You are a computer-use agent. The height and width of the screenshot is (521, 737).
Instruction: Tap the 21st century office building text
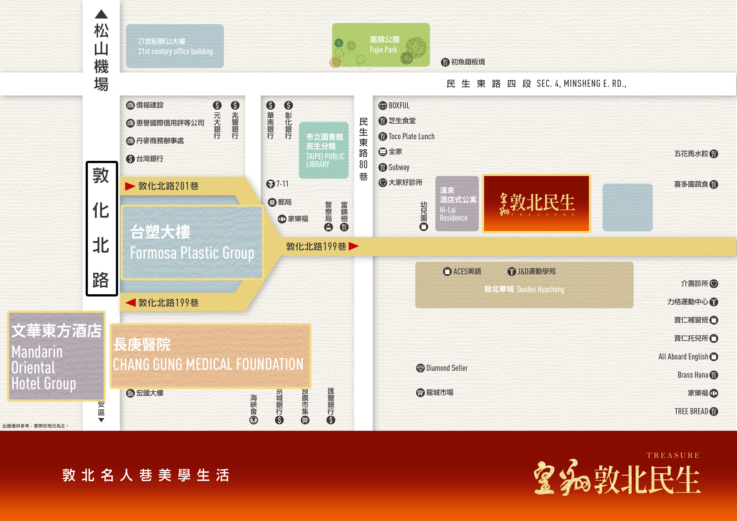pyautogui.click(x=175, y=51)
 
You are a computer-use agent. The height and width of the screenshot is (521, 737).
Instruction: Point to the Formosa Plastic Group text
pyautogui.click(x=192, y=253)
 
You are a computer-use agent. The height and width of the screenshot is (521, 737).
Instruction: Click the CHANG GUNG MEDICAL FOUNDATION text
pyautogui.click(x=208, y=364)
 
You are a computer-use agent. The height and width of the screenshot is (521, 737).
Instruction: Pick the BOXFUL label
pyautogui.click(x=399, y=105)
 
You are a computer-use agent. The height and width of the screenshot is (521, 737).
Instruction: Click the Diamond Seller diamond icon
pyautogui.click(x=420, y=368)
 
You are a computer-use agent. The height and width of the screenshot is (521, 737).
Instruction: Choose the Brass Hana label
pyautogui.click(x=693, y=375)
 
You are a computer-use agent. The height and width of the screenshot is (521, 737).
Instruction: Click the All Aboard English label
pyautogui.click(x=683, y=357)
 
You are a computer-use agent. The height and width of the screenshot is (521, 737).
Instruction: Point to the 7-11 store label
pyautogui.click(x=282, y=184)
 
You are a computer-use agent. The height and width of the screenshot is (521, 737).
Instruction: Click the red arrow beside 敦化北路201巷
pyautogui.click(x=130, y=186)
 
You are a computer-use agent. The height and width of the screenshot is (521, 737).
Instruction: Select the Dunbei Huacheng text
pyautogui.click(x=541, y=289)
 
